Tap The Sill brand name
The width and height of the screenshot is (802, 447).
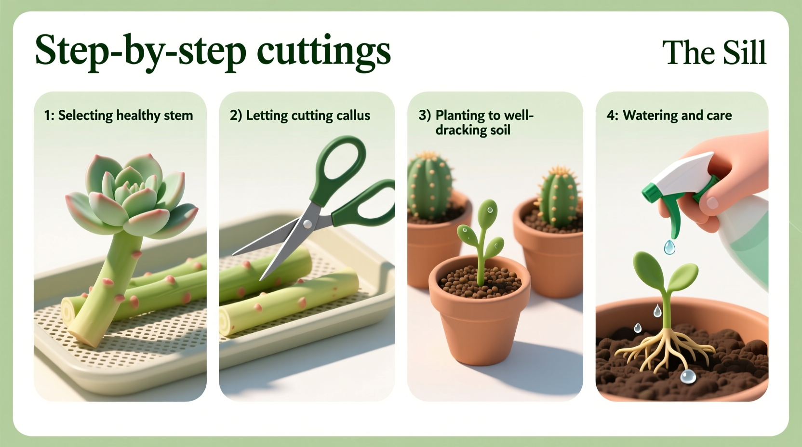coord(714,53)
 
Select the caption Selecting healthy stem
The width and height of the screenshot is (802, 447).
coord(119,116)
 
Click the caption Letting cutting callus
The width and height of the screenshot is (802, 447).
coord(300,116)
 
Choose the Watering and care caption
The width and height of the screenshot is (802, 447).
coord(677,116)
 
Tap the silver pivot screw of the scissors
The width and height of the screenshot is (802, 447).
coord(307,223)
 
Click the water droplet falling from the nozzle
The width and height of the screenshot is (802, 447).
coord(669,248)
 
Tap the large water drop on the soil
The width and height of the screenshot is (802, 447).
coord(688,376)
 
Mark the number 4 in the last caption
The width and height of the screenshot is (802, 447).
coord(611,116)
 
